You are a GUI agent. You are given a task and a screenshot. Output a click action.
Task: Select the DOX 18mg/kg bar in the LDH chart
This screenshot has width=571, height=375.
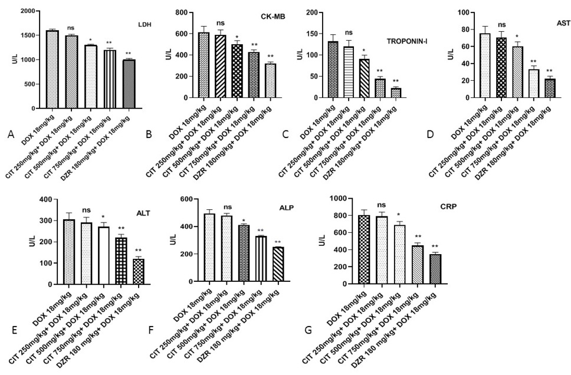click(x=52, y=69)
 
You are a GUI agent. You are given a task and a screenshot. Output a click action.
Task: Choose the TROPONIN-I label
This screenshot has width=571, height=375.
click(x=407, y=41)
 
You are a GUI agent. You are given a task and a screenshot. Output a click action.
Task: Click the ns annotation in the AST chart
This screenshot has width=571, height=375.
click(x=502, y=25)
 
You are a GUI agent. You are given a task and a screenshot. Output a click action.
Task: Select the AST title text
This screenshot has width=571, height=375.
click(x=563, y=22)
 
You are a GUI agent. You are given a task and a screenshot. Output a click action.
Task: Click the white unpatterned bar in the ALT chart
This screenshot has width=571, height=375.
click(x=103, y=255)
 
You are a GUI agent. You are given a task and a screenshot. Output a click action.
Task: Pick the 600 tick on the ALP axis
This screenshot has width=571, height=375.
click(x=188, y=199)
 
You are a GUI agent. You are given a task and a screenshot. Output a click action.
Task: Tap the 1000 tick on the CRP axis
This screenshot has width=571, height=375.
click(x=337, y=199)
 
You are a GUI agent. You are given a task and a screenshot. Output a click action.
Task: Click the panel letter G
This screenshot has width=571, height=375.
click(x=309, y=330)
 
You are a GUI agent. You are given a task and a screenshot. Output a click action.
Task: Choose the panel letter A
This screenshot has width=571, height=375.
click(x=11, y=134)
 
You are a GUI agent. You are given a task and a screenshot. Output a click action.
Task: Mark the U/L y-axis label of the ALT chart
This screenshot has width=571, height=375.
click(x=33, y=241)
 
